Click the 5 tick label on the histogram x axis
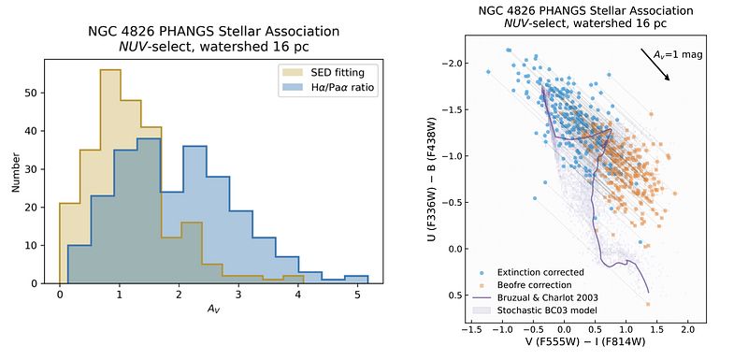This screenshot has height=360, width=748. coord(357,295)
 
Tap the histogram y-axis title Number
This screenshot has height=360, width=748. coord(16,172)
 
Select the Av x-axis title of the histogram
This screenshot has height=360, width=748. coord(213,308)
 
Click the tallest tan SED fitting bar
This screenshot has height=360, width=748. coord(110,177)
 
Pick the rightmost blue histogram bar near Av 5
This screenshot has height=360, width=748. coord(357,280)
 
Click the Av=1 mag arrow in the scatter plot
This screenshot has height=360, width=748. coord(656,65)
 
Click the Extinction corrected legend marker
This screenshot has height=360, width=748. coord(482,273)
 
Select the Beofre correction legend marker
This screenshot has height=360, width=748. coord(482,285)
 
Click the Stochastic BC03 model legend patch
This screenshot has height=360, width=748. coord(482,310)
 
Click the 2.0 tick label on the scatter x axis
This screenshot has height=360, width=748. coord(687,329)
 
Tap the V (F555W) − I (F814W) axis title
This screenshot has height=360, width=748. coord(580,342)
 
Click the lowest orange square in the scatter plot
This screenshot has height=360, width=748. coord(648,304)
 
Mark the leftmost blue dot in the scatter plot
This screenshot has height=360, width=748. coord(488,71)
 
